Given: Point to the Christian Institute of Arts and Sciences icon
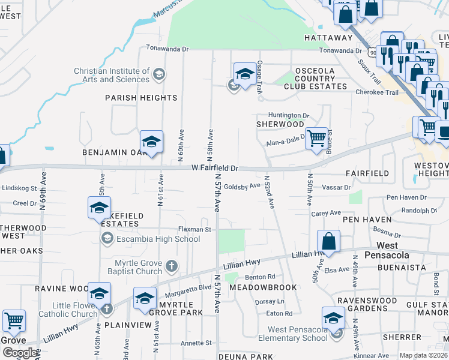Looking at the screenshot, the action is [158, 75].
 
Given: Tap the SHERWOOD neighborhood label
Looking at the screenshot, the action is [280, 124].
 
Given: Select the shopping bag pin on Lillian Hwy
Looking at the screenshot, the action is [328, 242].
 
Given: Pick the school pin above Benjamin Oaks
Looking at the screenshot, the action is [152, 142].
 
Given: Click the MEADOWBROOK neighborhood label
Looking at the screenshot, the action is [263, 287].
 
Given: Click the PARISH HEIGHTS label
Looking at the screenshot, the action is [141, 98].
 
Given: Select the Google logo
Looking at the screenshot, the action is [20, 353].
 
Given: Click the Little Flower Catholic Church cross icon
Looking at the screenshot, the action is [107, 310].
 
